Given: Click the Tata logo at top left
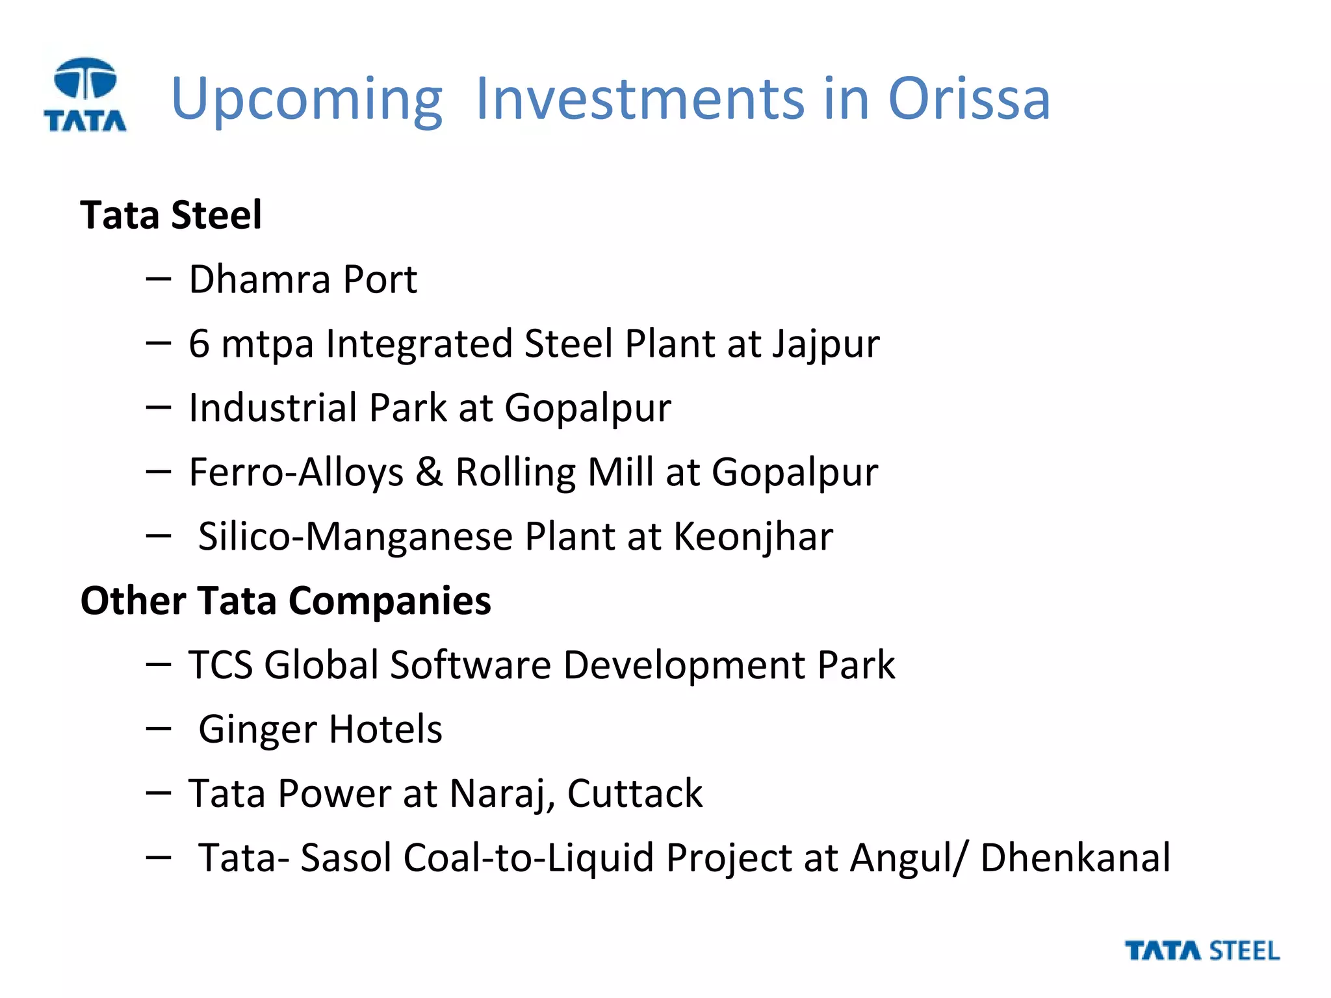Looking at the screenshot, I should click(x=85, y=95).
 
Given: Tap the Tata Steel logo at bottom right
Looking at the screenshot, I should click(x=1202, y=951).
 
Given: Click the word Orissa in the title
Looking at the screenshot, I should click(x=968, y=99).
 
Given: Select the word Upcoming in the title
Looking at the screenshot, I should click(x=307, y=99).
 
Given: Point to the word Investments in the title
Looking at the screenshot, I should click(x=640, y=99).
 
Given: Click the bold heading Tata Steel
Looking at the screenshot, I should click(x=171, y=215).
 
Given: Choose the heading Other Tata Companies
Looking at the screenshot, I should click(x=285, y=600).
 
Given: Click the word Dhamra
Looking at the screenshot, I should click(x=260, y=279).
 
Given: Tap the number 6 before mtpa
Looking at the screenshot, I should click(x=199, y=343).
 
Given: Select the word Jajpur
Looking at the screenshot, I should click(x=825, y=344).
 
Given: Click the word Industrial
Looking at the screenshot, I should click(x=273, y=408).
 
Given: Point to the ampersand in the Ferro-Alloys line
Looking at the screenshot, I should click(x=429, y=472).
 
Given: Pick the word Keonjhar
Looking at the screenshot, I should click(x=753, y=537).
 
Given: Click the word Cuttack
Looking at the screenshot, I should click(x=634, y=793).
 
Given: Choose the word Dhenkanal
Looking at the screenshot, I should click(x=1075, y=858).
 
